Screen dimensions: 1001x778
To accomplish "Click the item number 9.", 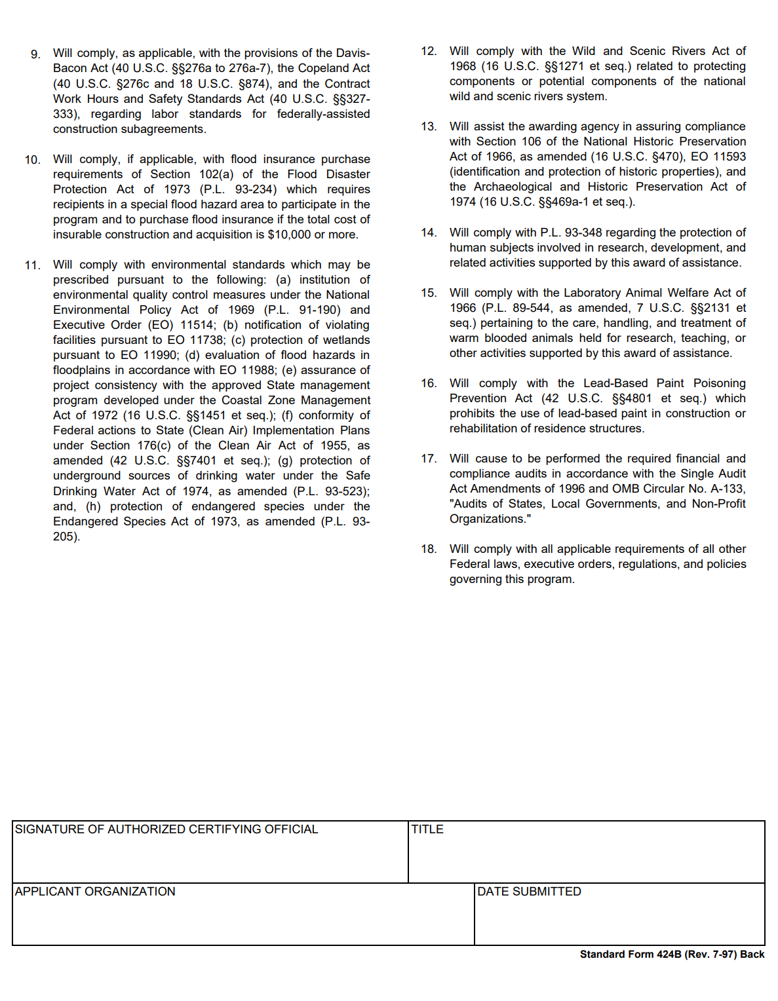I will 35,54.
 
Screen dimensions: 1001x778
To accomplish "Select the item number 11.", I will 33,265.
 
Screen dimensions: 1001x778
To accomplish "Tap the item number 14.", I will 429,233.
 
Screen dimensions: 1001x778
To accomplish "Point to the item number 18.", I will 429,549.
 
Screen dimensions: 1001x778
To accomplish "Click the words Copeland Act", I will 334,68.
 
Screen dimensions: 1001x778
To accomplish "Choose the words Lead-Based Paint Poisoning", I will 665,383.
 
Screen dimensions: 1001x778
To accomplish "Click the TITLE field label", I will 427,829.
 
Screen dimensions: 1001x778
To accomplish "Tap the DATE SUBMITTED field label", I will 529,892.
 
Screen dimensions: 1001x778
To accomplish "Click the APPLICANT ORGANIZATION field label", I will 95,892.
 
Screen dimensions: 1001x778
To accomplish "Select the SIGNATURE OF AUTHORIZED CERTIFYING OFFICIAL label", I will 166,829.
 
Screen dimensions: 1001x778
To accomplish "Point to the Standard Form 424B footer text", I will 672,954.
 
